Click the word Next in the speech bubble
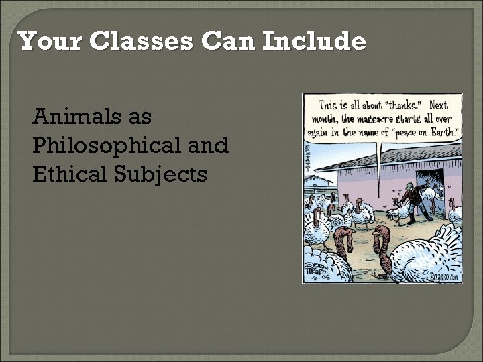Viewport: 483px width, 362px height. (x=439, y=106)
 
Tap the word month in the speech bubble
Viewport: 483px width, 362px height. (x=326, y=119)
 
